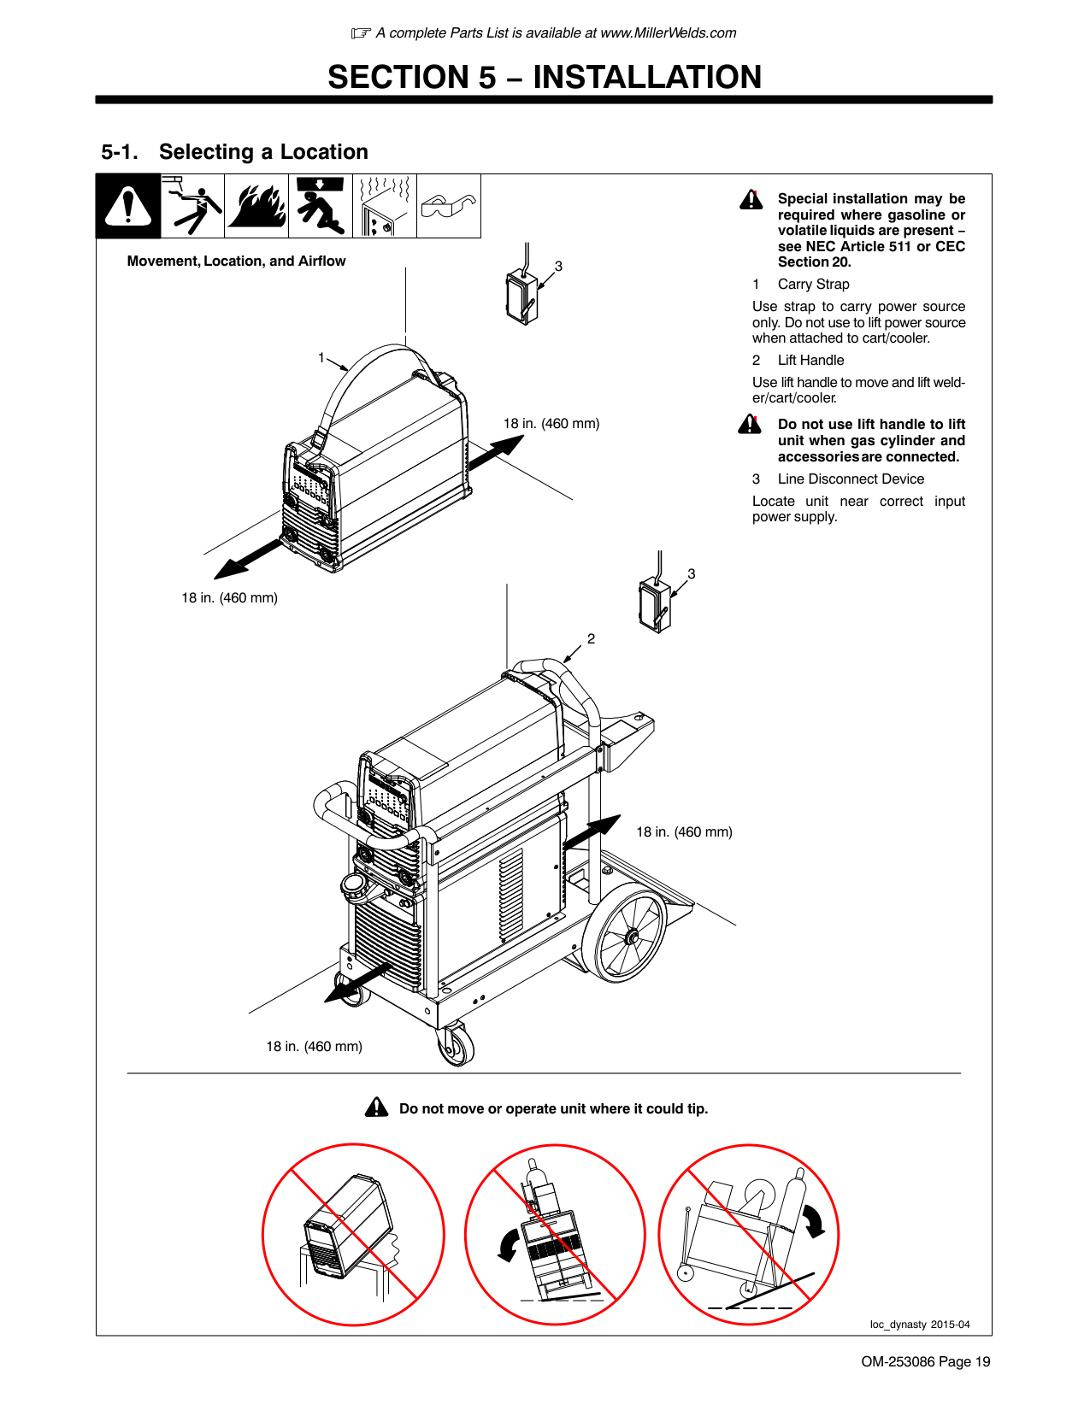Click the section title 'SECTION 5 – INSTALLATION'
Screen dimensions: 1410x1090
click(x=545, y=78)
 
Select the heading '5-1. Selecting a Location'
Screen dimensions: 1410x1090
click(x=234, y=152)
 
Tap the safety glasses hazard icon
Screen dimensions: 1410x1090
click(x=448, y=206)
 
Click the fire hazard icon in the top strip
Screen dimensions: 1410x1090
click(x=256, y=206)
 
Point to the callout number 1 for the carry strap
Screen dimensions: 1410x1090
click(x=321, y=357)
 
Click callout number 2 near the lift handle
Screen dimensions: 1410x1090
click(x=591, y=638)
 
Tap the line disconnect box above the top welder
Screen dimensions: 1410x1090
click(x=521, y=297)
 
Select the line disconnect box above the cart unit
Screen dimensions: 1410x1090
click(x=654, y=604)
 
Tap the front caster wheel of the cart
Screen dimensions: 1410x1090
click(x=455, y=1045)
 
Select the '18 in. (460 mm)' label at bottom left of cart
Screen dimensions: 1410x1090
click(x=314, y=1046)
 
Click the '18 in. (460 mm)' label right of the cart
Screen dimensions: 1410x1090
click(x=684, y=831)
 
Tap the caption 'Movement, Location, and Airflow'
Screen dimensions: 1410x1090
click(x=236, y=261)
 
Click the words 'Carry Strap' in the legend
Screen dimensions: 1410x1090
click(x=813, y=285)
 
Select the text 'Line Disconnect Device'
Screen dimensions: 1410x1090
click(x=851, y=479)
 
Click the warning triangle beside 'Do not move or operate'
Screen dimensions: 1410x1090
click(x=376, y=1107)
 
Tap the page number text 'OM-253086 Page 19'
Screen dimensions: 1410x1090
click(x=925, y=1361)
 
